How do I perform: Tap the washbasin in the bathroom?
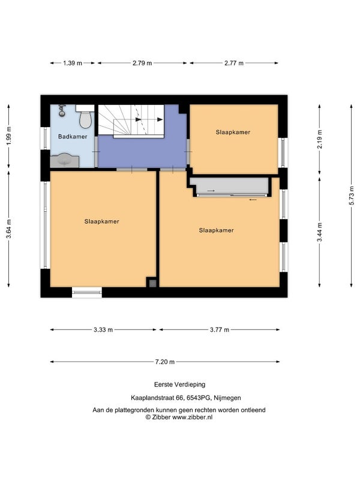(x=65, y=161)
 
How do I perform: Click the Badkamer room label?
(x=73, y=137)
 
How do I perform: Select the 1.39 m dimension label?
(x=73, y=63)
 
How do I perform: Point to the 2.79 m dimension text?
(x=142, y=63)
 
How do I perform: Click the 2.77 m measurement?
(x=234, y=63)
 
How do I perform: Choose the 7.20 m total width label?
(x=164, y=362)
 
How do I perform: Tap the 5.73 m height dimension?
(x=352, y=196)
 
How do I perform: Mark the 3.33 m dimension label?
(x=103, y=329)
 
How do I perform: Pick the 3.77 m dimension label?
(x=220, y=329)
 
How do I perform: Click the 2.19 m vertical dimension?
(x=320, y=139)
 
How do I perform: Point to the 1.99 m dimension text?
(x=8, y=136)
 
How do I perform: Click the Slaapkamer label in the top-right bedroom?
(x=233, y=132)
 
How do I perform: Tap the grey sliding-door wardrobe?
(x=230, y=187)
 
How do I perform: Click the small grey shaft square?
(x=152, y=283)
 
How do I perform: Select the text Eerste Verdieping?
(x=179, y=385)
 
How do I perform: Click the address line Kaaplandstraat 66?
(x=157, y=398)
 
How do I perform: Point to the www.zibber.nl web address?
(x=192, y=417)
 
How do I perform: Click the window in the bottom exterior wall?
(x=87, y=292)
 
